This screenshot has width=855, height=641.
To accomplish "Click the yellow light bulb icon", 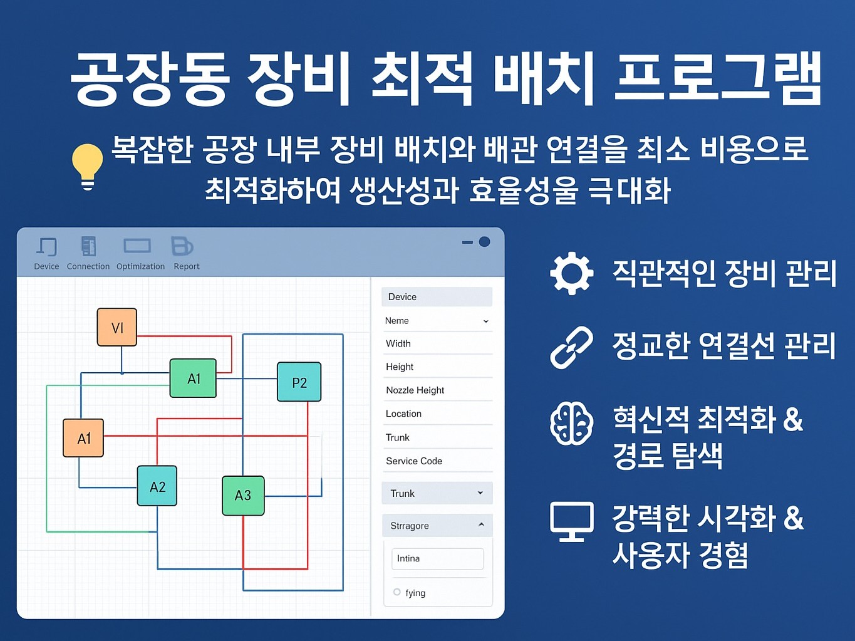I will pyautogui.click(x=87, y=165).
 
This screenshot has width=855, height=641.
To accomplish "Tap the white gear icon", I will pyautogui.click(x=571, y=273).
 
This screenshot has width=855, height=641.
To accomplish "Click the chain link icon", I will pyautogui.click(x=571, y=347).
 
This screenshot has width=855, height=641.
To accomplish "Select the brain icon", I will pyautogui.click(x=571, y=424).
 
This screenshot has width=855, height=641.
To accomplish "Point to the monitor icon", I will pyautogui.click(x=571, y=521).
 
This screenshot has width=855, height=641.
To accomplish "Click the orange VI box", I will pyautogui.click(x=117, y=327).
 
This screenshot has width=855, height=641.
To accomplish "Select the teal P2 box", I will pyautogui.click(x=299, y=382).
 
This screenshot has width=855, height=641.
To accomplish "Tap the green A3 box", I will pyautogui.click(x=243, y=496).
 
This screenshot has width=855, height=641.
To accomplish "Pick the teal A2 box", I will pyautogui.click(x=157, y=486).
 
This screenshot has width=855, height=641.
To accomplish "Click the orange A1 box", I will pyautogui.click(x=83, y=438).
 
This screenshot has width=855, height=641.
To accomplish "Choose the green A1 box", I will pyautogui.click(x=193, y=378).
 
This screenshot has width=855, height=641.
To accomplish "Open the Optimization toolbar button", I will pyautogui.click(x=140, y=253).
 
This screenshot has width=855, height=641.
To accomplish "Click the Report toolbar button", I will pyautogui.click(x=185, y=253).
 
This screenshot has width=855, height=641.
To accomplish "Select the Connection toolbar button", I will pyautogui.click(x=88, y=253).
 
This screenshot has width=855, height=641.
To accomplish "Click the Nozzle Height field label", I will pyautogui.click(x=415, y=390).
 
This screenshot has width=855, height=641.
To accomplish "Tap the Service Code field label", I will pyautogui.click(x=413, y=461).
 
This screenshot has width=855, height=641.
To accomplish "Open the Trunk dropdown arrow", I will pyautogui.click(x=480, y=493).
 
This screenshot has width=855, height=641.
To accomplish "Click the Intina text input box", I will pyautogui.click(x=437, y=559).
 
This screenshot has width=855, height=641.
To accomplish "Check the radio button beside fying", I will pyautogui.click(x=397, y=592).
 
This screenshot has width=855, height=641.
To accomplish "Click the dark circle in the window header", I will pyautogui.click(x=484, y=242).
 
